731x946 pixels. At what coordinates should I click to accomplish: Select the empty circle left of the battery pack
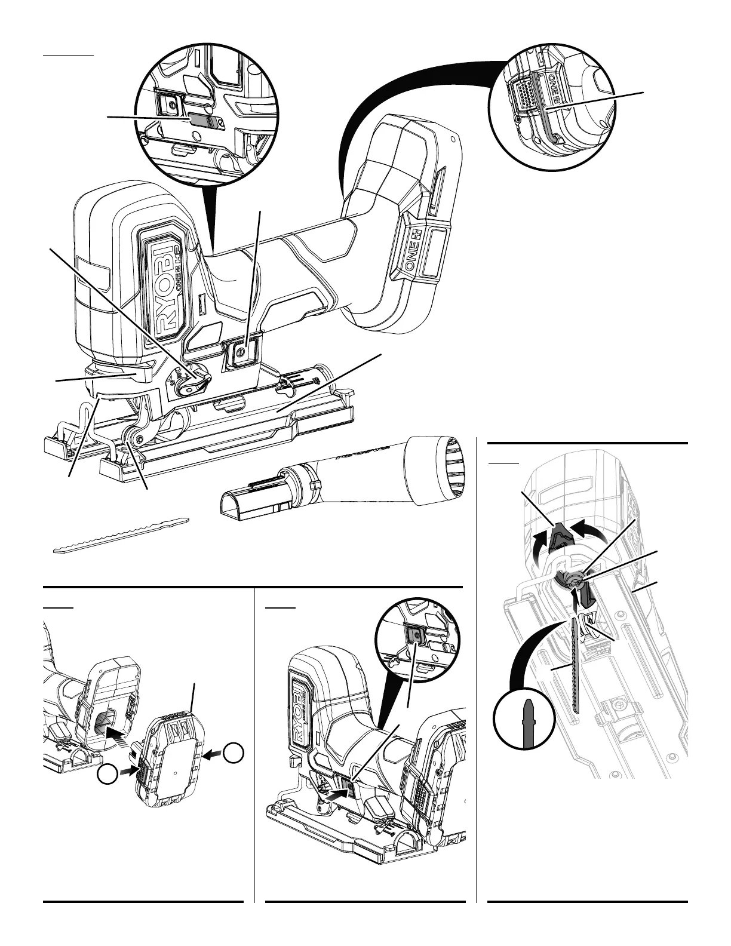coord(106,774)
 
